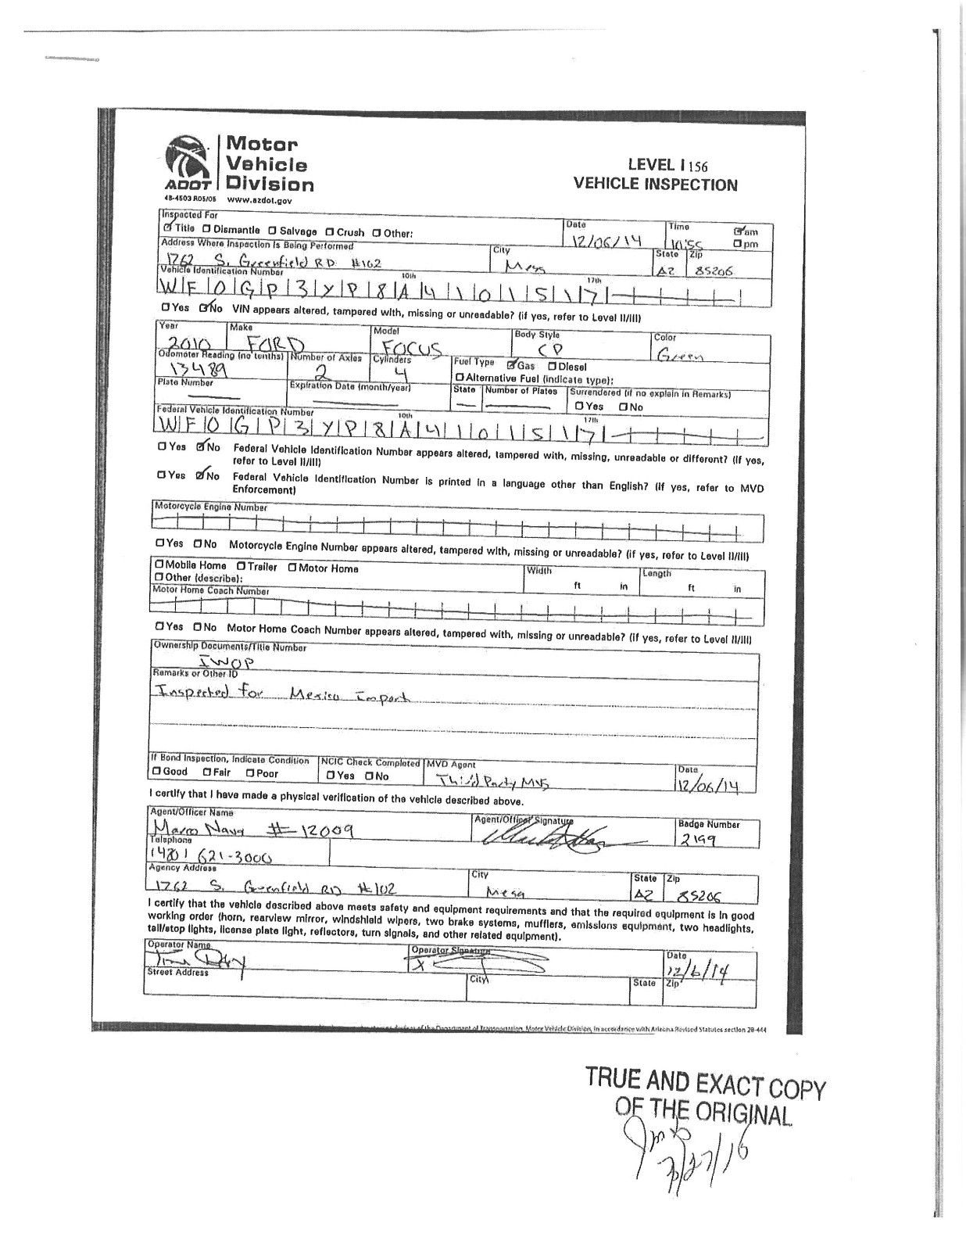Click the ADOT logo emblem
(x=187, y=162)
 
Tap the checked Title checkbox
(x=167, y=228)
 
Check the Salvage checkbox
(x=272, y=231)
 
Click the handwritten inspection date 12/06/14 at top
(x=606, y=242)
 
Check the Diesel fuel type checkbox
(x=552, y=366)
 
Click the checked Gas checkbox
(x=511, y=365)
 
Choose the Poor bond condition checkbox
(x=250, y=773)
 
